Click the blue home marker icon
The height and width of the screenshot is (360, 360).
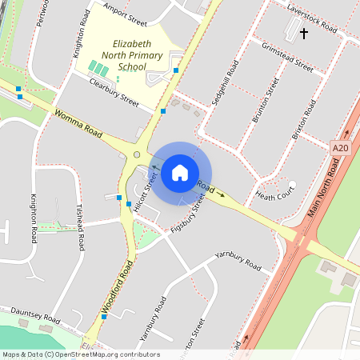180,172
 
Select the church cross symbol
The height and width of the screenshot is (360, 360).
303,34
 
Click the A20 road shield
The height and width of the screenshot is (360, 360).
340,148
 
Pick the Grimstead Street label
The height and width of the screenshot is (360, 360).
287,58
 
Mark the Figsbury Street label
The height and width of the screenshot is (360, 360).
188,214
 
